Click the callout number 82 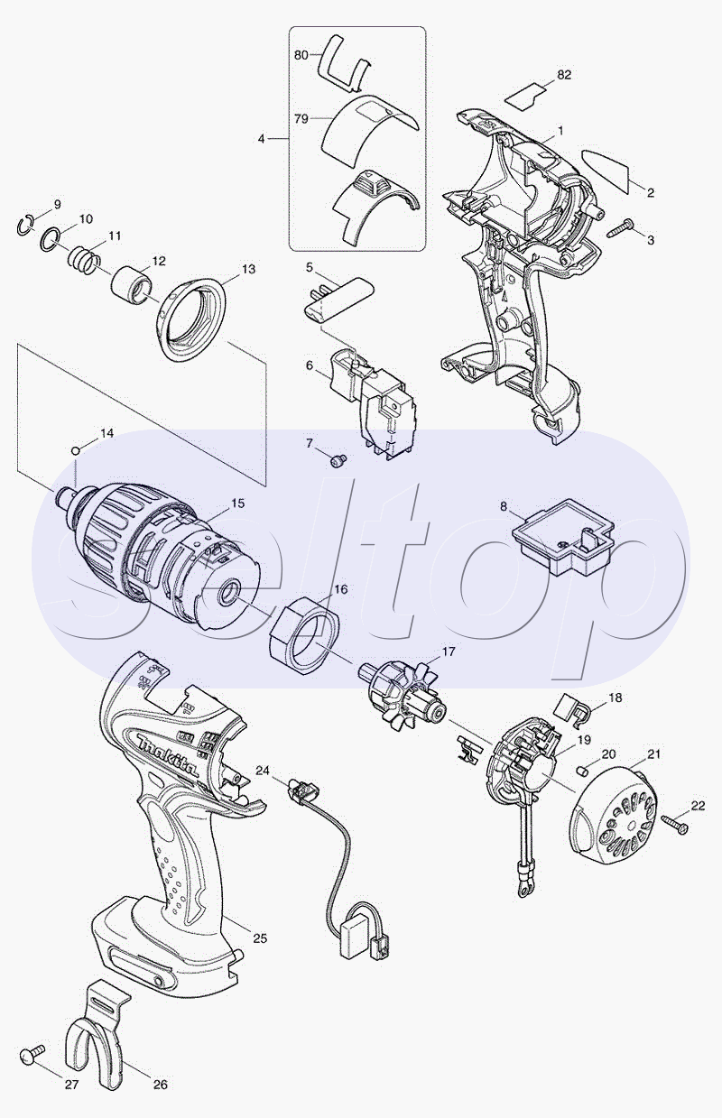[564, 75]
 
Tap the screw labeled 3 [621, 227]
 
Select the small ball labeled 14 [76, 450]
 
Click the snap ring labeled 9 [24, 224]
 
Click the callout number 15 [238, 504]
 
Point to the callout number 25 [260, 938]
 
